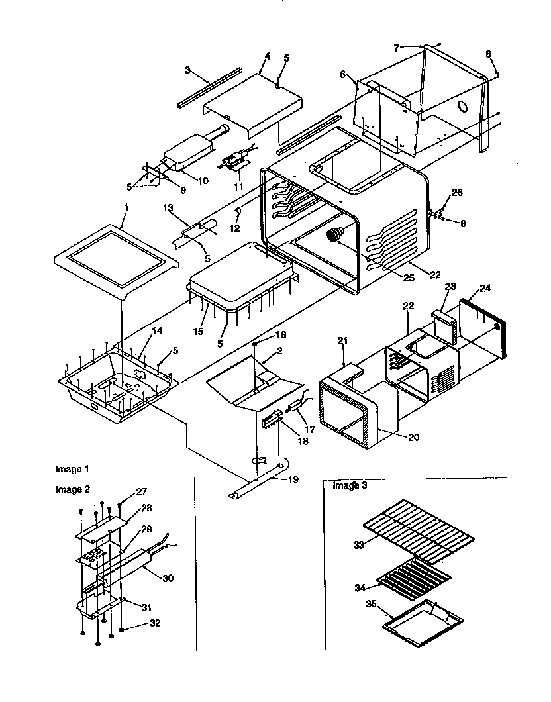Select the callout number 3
[187, 70]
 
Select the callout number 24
[486, 288]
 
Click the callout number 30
[168, 577]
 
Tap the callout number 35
[371, 605]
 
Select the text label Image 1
[72, 469]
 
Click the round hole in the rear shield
[465, 105]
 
